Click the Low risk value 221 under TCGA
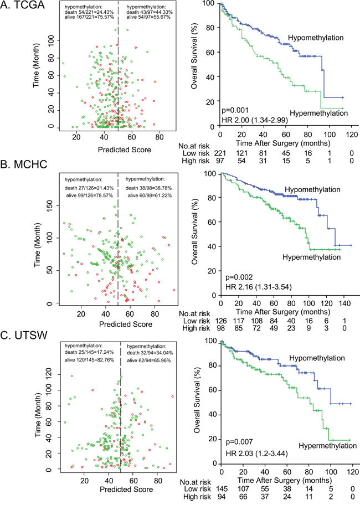click(220, 151)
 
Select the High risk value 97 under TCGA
click(220, 159)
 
